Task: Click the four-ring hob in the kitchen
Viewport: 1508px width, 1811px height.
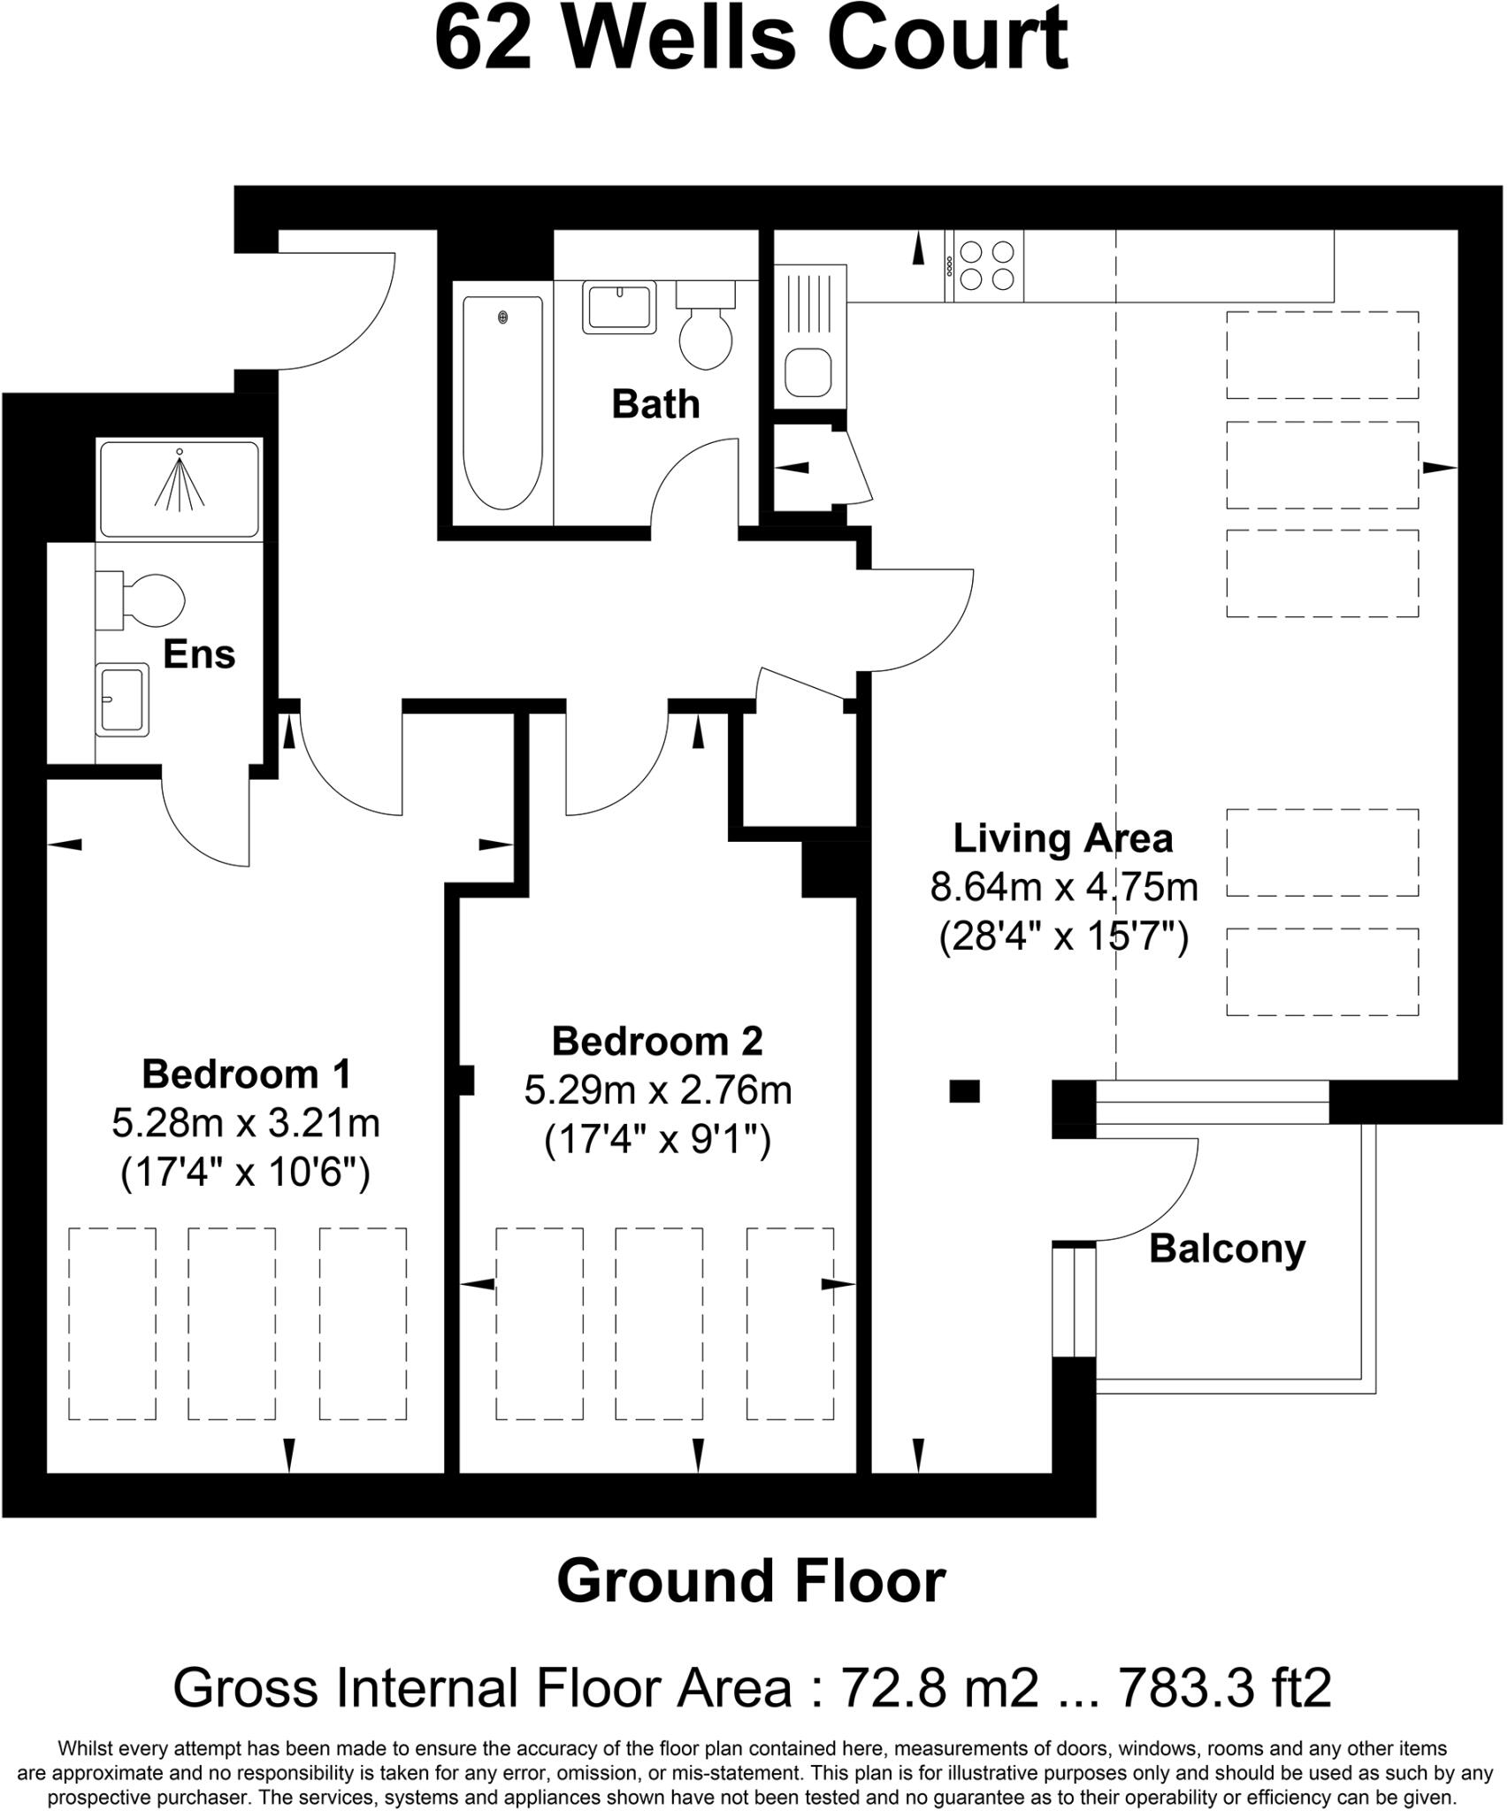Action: point(985,266)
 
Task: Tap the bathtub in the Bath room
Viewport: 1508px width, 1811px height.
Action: point(502,402)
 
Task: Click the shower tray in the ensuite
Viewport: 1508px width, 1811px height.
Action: point(180,489)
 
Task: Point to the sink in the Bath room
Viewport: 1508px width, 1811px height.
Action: point(619,307)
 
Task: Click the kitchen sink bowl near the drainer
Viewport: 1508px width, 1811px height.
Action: point(808,371)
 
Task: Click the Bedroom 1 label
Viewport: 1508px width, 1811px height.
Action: point(246,1074)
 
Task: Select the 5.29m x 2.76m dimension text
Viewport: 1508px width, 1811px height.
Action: point(657,1090)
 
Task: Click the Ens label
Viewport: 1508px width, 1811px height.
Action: point(199,654)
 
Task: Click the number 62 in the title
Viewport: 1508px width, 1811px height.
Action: point(484,41)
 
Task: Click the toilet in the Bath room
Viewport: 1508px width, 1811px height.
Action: point(706,332)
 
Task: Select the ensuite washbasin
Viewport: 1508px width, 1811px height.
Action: point(122,699)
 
